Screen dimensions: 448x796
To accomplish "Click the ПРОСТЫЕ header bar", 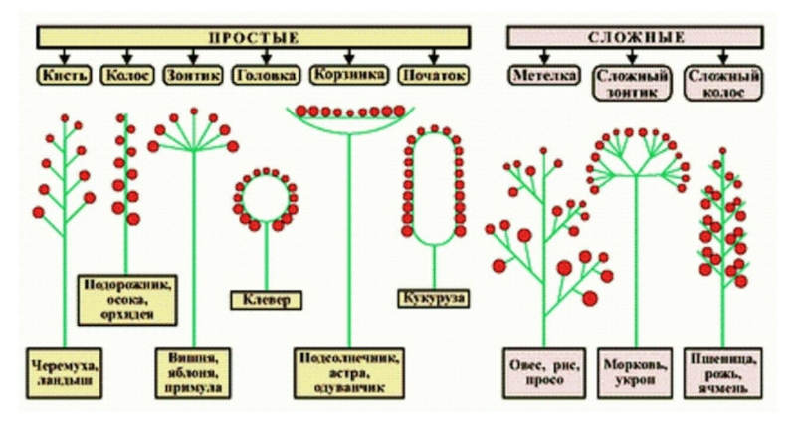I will pos(254,38).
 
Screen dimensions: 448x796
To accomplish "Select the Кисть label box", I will pos(67,75).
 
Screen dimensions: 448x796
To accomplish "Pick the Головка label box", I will pos(266,75).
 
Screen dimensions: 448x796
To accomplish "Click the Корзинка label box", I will pos(347,75).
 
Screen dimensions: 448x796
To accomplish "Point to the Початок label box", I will pos(434,75).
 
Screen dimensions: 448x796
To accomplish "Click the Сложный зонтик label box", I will pos(632,83).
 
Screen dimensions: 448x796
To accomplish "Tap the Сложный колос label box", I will pos(723,83).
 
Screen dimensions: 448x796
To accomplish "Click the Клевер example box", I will pos(266,299).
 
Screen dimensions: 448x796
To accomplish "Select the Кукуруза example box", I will pos(434,298).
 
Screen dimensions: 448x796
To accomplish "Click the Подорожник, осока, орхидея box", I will pos(127,300).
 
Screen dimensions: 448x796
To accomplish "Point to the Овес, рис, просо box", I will pos(543,370).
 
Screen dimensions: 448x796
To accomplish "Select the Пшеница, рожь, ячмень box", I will pos(724,371).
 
